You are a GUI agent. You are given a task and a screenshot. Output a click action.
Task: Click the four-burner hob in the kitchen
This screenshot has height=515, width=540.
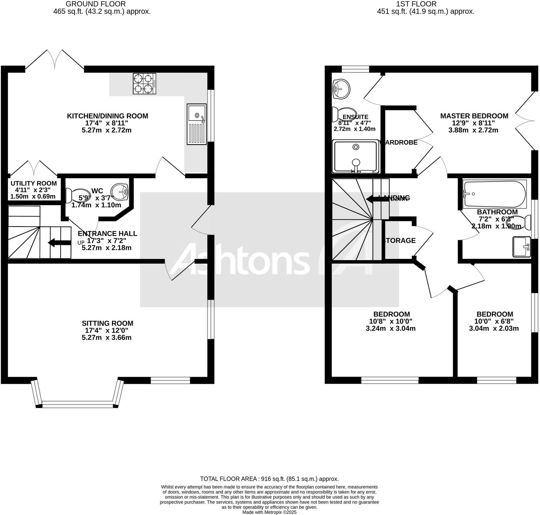tap(144, 84)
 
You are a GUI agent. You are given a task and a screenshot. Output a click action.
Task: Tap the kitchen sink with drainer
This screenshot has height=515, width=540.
tap(197, 124)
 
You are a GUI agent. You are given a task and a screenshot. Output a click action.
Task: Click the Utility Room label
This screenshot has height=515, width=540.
tap(33, 183)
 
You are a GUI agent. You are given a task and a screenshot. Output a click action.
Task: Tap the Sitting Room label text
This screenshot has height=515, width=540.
tap(107, 323)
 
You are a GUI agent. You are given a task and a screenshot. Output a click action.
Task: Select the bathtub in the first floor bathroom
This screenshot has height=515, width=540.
tap(495, 194)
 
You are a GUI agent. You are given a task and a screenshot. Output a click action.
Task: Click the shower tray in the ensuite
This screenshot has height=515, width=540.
tap(356, 156)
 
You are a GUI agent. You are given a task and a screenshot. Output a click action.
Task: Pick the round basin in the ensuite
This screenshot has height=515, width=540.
tap(340, 88)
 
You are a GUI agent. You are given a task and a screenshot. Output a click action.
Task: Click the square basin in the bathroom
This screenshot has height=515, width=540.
tap(522, 247)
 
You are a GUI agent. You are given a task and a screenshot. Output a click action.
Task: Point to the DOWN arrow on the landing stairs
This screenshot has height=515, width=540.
tap(377, 198)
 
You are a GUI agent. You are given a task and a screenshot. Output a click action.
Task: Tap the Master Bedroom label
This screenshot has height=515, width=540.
tap(474, 116)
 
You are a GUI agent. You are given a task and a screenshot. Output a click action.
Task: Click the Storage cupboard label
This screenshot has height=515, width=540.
tap(399, 240)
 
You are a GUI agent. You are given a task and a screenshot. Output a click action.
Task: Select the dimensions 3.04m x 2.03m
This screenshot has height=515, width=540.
tap(494, 328)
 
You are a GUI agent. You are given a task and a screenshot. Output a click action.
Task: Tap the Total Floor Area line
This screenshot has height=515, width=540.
tap(269, 479)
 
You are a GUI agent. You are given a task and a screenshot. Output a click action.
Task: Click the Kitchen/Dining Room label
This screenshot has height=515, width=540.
tap(107, 116)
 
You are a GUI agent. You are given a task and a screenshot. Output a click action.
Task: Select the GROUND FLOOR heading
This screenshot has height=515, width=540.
tap(96, 4)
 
